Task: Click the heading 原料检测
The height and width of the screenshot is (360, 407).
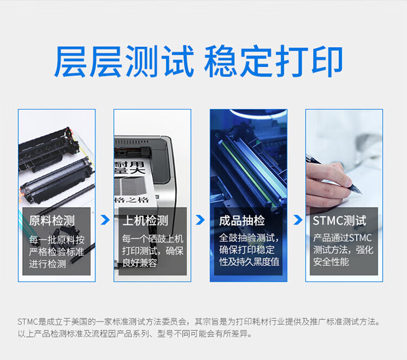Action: [x=52, y=221]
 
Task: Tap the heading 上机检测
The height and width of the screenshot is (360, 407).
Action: [x=145, y=221]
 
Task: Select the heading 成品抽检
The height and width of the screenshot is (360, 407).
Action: [x=241, y=221]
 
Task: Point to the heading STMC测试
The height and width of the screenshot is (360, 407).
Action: [x=339, y=221]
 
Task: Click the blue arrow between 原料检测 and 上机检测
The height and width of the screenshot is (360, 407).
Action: [x=105, y=220]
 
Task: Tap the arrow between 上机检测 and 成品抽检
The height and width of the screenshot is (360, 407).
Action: [x=200, y=220]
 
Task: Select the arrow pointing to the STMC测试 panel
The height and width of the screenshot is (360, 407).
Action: [x=298, y=220]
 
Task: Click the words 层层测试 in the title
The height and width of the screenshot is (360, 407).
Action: [x=124, y=61]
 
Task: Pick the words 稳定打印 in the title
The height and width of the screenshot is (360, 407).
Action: [x=274, y=61]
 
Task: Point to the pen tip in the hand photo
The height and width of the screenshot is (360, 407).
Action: [x=361, y=192]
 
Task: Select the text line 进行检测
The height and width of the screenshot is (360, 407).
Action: [x=47, y=264]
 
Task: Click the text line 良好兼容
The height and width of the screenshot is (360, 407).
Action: [x=139, y=263]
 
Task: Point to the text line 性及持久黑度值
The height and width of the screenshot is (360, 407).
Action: [x=249, y=262]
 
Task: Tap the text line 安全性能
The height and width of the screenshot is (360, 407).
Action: [x=330, y=262]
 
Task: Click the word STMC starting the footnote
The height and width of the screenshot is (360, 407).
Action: [x=28, y=322]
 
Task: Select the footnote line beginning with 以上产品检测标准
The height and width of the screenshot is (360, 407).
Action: [x=135, y=334]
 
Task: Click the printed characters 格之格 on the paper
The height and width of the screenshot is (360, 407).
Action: [x=132, y=200]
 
